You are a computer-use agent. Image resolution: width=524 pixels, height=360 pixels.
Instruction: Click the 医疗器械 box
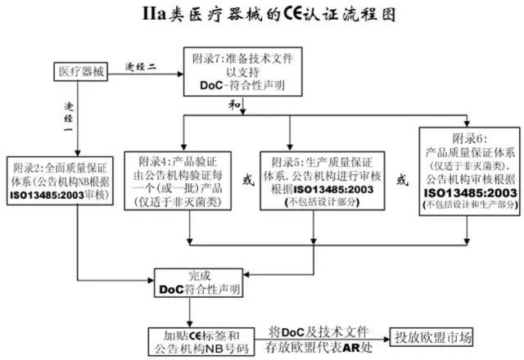[82, 71]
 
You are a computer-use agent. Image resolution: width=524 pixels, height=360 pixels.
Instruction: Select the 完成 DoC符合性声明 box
[199, 282]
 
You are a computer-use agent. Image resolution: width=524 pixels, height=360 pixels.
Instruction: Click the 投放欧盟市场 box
[433, 337]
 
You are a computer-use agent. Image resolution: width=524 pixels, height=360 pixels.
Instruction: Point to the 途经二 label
[140, 64]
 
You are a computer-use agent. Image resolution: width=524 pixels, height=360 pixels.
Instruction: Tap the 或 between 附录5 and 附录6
[401, 179]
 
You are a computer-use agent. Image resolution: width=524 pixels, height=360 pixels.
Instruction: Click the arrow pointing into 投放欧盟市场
[378, 337]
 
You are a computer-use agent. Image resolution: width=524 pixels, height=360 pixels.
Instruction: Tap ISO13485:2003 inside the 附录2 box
[49, 194]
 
